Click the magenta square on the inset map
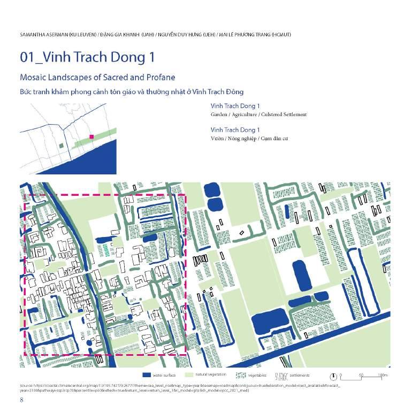point(91,137)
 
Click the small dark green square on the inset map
point(61,145)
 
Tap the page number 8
point(21,399)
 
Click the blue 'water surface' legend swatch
point(147,375)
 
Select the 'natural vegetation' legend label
point(211,375)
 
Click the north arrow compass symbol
point(333,375)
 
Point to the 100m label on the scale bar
point(382,375)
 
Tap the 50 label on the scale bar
point(361,375)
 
